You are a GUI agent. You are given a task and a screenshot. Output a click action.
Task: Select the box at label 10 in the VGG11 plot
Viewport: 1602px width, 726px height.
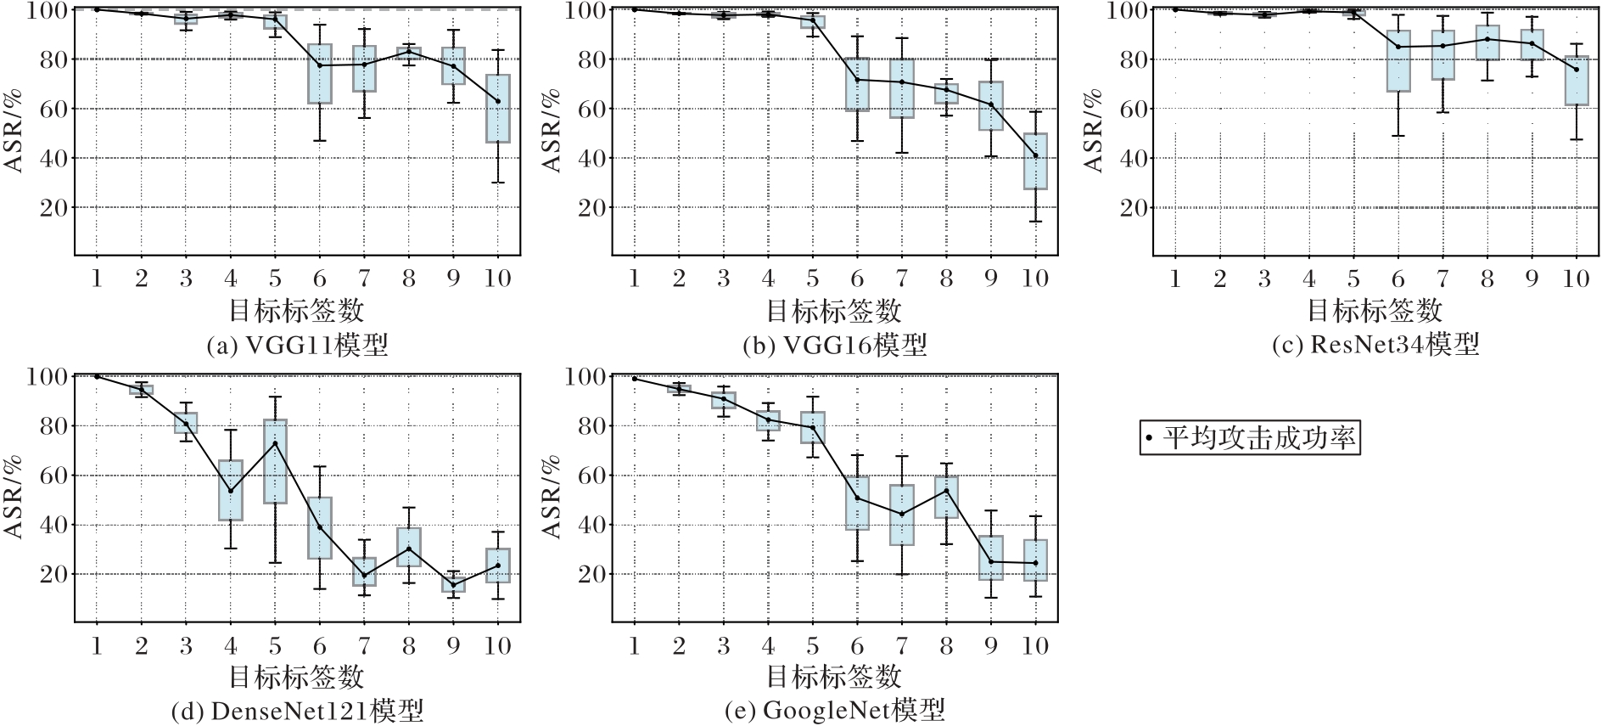tap(498, 109)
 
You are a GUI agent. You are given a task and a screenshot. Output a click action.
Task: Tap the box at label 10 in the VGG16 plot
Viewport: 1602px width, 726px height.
tap(1035, 161)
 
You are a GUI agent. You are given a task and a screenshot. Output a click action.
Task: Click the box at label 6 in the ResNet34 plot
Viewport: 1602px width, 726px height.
tap(1398, 61)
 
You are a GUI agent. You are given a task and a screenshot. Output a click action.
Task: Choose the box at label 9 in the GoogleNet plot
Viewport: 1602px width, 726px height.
tap(991, 558)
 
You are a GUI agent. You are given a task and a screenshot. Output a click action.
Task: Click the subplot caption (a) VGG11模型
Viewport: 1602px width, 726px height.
tap(297, 345)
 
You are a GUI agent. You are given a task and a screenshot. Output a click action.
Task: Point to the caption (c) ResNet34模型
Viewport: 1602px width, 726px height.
tap(1375, 344)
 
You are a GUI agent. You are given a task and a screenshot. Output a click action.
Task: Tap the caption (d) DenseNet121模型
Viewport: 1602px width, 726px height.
tap(297, 711)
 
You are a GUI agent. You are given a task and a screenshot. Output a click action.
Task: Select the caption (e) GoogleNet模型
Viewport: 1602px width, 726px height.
tap(834, 711)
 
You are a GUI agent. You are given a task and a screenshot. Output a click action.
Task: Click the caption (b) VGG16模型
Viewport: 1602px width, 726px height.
tap(834, 345)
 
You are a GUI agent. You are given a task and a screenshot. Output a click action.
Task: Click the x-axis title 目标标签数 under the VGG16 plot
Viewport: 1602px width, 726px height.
tap(834, 311)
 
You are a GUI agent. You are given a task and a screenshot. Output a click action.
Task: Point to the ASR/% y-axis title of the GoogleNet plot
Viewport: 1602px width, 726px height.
tap(552, 497)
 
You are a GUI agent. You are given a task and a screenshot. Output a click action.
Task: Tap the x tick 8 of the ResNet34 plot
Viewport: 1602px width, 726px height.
tap(1487, 279)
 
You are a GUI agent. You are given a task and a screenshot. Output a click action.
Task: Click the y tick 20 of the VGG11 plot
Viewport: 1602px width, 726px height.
tap(53, 207)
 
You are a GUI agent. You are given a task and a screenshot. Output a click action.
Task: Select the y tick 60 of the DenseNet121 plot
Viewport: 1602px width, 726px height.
tap(53, 476)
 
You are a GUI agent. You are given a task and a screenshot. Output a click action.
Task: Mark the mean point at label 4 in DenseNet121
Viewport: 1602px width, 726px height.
tap(231, 490)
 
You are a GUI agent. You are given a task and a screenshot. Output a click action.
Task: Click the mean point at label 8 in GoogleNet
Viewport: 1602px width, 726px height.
tap(946, 490)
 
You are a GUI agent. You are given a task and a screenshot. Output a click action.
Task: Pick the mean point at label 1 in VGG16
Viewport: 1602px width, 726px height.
tap(634, 9)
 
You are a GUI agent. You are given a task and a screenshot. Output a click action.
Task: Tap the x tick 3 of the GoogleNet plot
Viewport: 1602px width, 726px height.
tap(723, 646)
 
